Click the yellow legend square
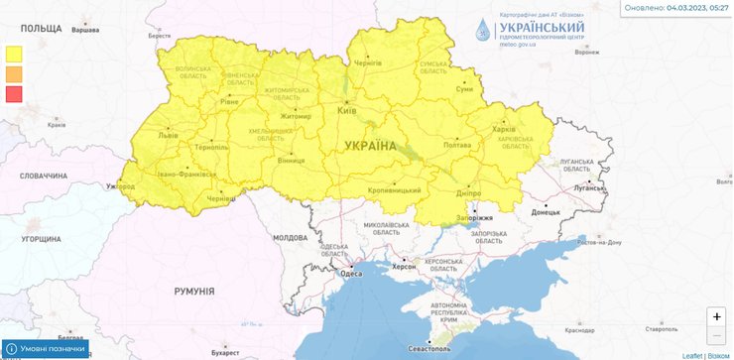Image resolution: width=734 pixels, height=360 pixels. click(x=14, y=54)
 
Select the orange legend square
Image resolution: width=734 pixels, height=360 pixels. click(x=14, y=74)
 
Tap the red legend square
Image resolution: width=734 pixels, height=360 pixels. click(x=14, y=95)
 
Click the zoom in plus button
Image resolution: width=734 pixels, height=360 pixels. click(x=716, y=316)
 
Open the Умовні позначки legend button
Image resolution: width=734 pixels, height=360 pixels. click(x=46, y=350)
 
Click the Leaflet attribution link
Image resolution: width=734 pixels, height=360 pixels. click(x=691, y=355)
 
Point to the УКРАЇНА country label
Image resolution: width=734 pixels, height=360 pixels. click(x=370, y=146)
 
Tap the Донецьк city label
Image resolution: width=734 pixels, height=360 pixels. click(x=545, y=211)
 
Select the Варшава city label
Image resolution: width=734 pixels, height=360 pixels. click(x=84, y=31)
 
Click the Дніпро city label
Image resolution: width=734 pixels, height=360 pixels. click(x=469, y=192)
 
